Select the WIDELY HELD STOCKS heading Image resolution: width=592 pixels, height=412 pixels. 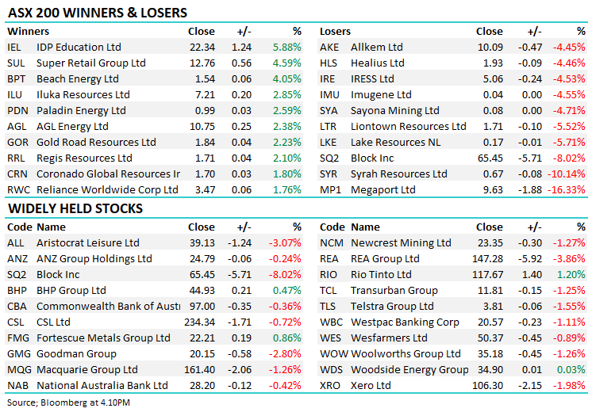coord(75,208)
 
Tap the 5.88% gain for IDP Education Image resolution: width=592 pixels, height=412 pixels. coord(286,48)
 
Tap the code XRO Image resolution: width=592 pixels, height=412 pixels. coord(331,386)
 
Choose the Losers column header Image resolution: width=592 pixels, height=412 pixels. coord(335,32)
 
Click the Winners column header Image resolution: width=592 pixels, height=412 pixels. coord(28,32)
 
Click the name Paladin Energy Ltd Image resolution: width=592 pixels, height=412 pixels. coord(81,111)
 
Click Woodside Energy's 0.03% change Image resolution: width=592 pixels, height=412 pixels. coord(571,370)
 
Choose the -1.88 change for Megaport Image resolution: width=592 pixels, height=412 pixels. coord(529,190)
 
